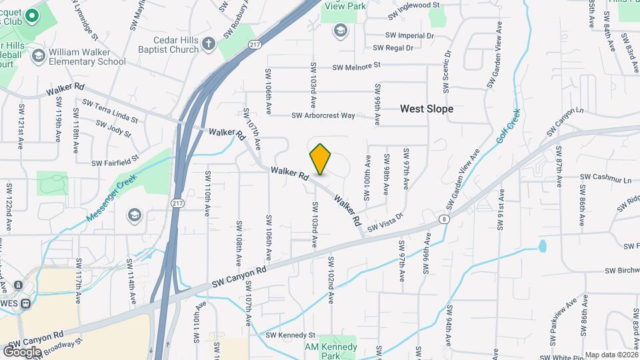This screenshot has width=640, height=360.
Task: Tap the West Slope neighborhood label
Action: tap(427, 109)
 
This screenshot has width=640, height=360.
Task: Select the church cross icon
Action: tap(208, 44)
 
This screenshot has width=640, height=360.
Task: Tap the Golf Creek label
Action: tap(509, 127)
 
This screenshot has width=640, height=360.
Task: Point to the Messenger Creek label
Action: tap(110, 199)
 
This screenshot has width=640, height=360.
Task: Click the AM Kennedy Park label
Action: tap(330, 347)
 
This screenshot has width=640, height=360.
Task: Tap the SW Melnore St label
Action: tap(348, 65)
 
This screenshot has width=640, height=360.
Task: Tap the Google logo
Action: tap(22, 351)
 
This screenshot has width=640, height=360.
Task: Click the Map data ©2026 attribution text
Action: tap(611, 355)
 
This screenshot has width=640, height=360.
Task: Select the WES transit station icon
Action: tap(25, 303)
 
